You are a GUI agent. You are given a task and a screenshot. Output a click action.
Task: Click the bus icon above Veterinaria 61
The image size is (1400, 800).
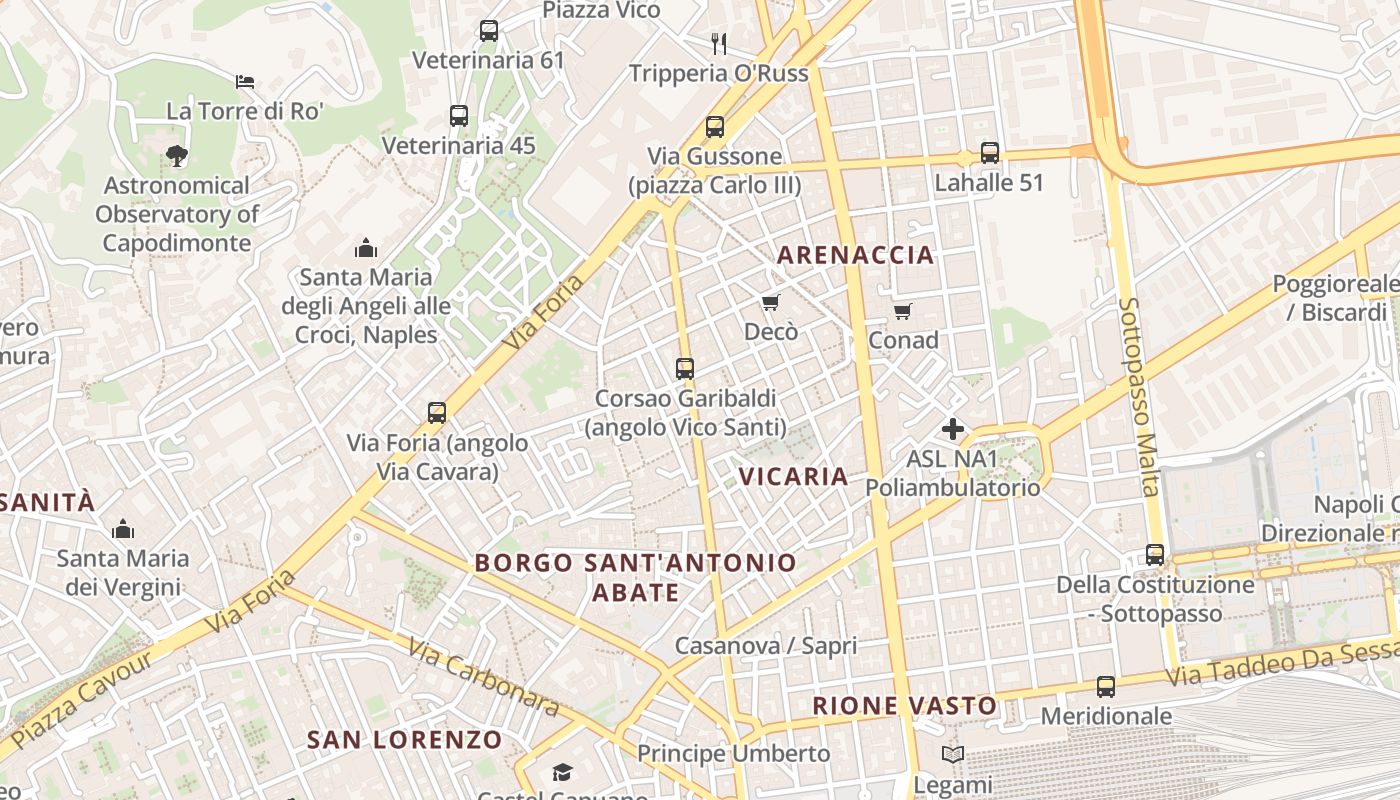coord(488,31)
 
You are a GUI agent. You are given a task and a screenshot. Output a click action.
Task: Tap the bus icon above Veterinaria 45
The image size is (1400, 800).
coord(459,116)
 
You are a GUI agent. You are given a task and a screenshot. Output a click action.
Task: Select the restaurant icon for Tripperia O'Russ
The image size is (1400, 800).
coord(718,43)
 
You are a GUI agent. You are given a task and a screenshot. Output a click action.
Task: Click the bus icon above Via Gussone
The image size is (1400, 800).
coord(714,127)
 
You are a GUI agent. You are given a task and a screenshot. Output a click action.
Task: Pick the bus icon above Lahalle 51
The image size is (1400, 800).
coord(989,153)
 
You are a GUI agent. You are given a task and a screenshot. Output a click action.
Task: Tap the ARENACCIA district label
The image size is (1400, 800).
coord(855,255)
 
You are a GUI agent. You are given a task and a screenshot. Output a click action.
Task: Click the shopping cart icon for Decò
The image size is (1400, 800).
coord(770,302)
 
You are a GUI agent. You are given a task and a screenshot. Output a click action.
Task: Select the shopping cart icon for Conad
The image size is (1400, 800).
coord(903,311)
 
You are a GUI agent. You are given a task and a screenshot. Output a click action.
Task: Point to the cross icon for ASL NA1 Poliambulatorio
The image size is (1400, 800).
coord(952,430)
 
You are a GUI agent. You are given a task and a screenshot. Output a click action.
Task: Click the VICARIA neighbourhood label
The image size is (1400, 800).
coord(794,477)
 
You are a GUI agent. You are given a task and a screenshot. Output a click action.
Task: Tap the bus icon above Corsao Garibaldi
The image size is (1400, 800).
coord(685,369)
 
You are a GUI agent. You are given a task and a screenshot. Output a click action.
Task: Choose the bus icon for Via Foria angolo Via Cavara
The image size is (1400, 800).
coord(437,413)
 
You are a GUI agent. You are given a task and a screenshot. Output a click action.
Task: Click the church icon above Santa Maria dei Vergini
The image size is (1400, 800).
coord(123,529)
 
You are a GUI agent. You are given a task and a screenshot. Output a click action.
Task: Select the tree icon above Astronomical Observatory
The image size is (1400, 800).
coord(177,156)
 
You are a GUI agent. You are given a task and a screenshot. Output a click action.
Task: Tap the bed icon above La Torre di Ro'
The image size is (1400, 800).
coord(245,81)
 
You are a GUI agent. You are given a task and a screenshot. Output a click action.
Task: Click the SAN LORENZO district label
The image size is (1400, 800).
coord(404,740)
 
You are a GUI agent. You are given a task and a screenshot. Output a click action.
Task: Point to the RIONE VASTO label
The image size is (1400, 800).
coord(904,706)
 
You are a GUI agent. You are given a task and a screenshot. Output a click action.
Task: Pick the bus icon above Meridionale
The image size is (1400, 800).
coord(1105,687)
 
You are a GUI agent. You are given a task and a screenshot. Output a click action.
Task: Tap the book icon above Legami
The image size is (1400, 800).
coord(953,755)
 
